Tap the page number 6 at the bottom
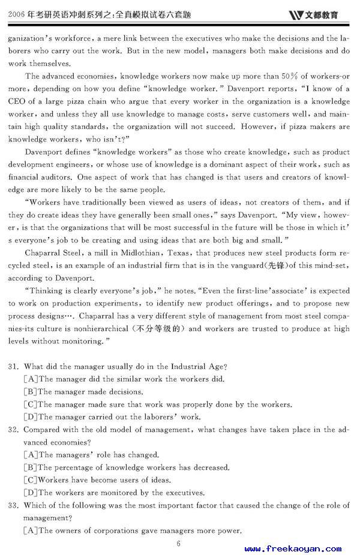(179, 544)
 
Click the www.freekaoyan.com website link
(293, 548)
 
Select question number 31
(14, 367)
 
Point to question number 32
(14, 430)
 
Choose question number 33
(14, 505)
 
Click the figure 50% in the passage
(290, 76)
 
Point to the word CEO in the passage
(17, 101)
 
